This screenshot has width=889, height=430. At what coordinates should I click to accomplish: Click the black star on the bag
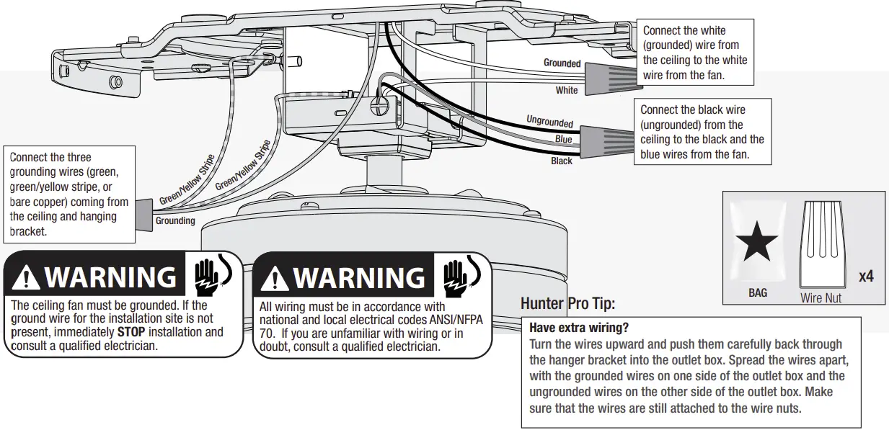pyautogui.click(x=756, y=242)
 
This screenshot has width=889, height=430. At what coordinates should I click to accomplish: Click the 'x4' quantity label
pyautogui.click(x=866, y=276)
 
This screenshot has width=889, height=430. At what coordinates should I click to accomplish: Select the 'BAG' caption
pyautogui.click(x=758, y=293)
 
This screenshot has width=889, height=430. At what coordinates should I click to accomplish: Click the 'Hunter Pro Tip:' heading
pyautogui.click(x=567, y=304)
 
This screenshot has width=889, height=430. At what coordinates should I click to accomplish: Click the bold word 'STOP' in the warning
pyautogui.click(x=130, y=332)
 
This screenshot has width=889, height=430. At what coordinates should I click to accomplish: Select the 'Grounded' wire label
pyautogui.click(x=562, y=63)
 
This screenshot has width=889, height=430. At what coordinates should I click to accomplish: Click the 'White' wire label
pyautogui.click(x=567, y=91)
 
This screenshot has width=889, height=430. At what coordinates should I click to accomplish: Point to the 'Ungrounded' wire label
pyautogui.click(x=549, y=122)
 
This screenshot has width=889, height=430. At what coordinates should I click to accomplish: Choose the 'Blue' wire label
pyautogui.click(x=563, y=139)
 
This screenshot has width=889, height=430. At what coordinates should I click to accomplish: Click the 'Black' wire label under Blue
pyautogui.click(x=562, y=161)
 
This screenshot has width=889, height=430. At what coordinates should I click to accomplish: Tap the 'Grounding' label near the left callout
pyautogui.click(x=175, y=221)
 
